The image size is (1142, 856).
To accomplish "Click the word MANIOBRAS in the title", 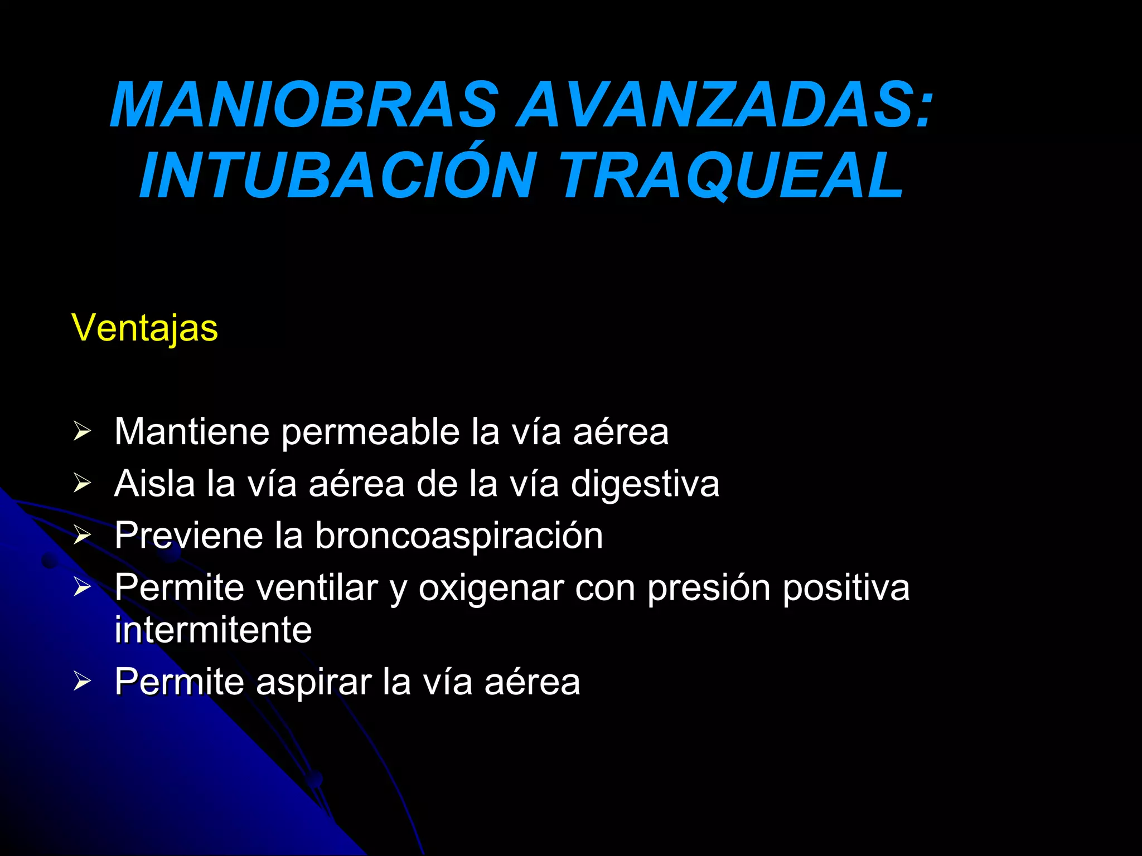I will click(x=304, y=106).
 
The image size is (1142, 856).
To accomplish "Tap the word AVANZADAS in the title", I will click(x=725, y=106).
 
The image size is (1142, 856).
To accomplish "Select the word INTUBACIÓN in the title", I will click(x=338, y=176).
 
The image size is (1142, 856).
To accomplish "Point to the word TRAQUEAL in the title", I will click(x=730, y=176).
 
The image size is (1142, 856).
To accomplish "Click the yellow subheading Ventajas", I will click(x=145, y=328).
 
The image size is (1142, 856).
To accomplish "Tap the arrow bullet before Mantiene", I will click(x=82, y=431).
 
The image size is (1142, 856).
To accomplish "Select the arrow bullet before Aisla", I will click(x=82, y=483).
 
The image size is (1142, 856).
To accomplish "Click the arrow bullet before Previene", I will click(x=82, y=535).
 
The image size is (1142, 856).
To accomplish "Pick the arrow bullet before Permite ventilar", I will click(x=82, y=587).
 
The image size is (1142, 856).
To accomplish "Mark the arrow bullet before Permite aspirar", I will click(x=82, y=681).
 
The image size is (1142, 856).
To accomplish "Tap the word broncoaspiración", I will click(x=459, y=536).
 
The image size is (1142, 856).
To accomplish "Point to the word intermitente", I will click(x=213, y=630).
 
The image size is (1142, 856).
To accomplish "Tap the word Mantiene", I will click(x=192, y=432).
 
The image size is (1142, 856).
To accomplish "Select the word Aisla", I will click(x=154, y=483).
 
